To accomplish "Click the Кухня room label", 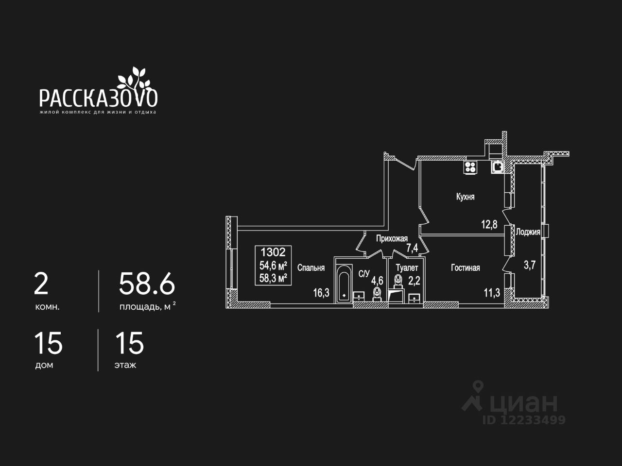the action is click(465, 197).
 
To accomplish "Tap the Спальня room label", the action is click(311, 267).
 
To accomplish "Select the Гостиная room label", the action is click(465, 267).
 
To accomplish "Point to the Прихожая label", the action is click(392, 238).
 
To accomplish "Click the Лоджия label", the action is click(528, 232).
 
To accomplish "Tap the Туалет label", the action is click(407, 267).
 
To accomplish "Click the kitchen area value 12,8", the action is click(489, 224).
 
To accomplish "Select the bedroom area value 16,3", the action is click(321, 292).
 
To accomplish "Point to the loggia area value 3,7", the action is click(529, 265).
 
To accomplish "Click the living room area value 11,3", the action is click(491, 292).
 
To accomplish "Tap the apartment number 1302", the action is click(273, 252).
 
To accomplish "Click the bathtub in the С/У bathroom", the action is click(344, 283).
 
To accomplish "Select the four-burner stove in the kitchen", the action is click(470, 167).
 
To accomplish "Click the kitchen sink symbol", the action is click(498, 167).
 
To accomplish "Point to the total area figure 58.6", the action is click(147, 284).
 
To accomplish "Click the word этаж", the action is click(125, 365).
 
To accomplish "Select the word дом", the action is click(44, 365).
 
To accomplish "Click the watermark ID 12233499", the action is click(524, 420).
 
